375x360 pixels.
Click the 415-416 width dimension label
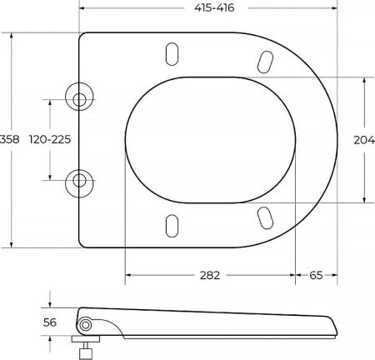(x=214, y=7)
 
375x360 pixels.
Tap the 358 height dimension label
(x=10, y=139)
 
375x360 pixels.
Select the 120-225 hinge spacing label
(x=50, y=139)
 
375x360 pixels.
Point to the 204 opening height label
(x=364, y=140)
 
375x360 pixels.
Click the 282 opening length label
(x=210, y=275)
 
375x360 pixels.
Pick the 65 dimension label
(x=316, y=275)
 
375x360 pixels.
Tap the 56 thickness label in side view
(x=50, y=322)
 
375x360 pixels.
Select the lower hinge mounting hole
(x=79, y=181)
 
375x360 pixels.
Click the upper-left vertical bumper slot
(x=172, y=54)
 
